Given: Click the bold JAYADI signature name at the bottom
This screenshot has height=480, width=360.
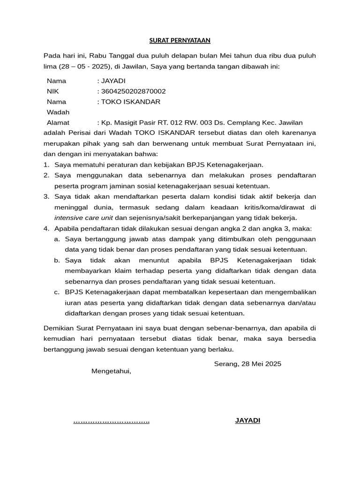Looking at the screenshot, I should point(247,420).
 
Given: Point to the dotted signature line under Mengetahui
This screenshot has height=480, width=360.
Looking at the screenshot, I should point(112,421).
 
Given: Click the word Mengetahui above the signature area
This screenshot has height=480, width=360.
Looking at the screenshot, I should point(111,371).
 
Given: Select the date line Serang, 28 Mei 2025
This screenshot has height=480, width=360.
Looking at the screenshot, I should point(247,364).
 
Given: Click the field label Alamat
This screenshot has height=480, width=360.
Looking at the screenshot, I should point(58,123).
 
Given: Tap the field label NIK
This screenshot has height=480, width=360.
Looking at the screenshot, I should point(53,91).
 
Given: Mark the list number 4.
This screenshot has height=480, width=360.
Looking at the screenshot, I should point(46,229).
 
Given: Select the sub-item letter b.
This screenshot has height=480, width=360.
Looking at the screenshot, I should point(57,260).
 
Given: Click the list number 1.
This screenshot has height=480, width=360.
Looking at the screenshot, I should point(46,165).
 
